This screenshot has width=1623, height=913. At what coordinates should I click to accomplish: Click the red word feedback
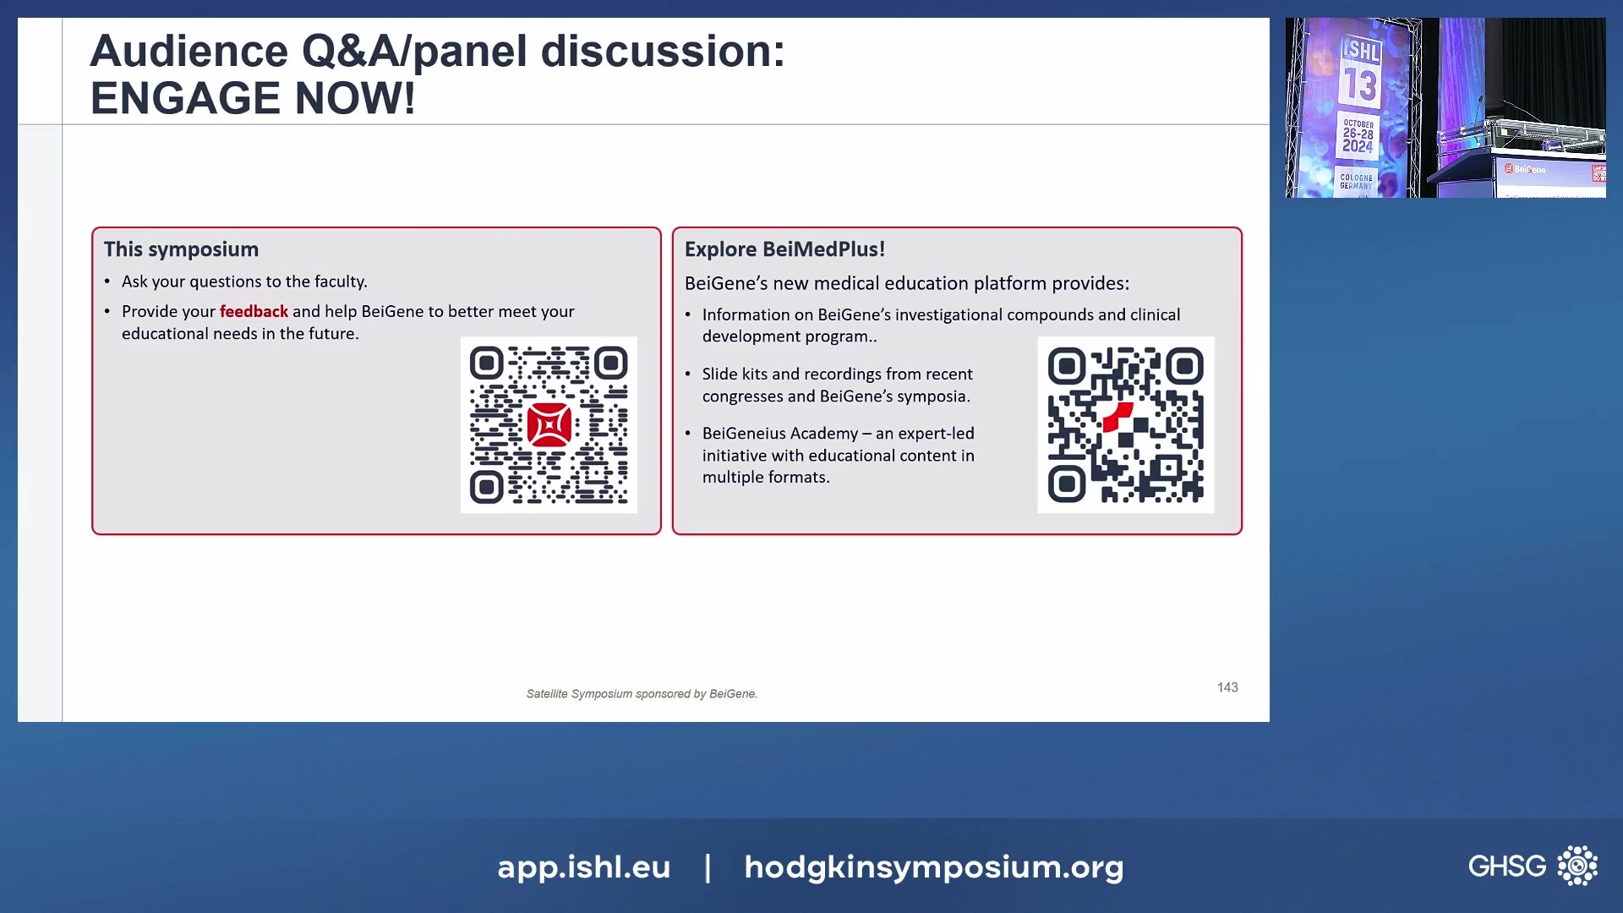click(254, 311)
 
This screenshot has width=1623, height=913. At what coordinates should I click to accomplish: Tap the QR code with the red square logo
click(549, 424)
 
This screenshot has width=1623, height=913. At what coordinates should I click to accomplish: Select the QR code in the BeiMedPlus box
click(1125, 424)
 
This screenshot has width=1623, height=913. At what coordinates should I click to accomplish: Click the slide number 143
click(1227, 687)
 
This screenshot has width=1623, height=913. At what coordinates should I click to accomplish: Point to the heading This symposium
click(181, 249)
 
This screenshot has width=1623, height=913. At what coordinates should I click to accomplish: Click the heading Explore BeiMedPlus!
click(784, 249)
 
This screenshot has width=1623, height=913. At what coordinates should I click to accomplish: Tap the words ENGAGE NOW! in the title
click(253, 98)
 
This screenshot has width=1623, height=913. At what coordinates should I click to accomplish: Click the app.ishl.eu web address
click(584, 867)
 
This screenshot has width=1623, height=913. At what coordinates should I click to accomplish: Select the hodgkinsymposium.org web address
click(934, 867)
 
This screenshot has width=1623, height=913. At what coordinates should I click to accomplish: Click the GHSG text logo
click(1507, 866)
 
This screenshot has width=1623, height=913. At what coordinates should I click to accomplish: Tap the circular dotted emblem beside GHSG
click(1577, 866)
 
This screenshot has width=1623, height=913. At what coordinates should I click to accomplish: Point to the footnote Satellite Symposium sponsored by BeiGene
click(642, 694)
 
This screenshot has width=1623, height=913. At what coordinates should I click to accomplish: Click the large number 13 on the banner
click(1360, 85)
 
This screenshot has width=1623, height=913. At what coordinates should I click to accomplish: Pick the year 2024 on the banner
click(1358, 146)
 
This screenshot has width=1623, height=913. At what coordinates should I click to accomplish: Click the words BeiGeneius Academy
click(780, 434)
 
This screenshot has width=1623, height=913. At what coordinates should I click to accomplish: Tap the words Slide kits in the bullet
click(735, 374)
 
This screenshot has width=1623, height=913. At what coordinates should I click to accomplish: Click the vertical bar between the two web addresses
click(708, 867)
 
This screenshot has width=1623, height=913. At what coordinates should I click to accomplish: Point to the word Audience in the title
click(189, 51)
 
